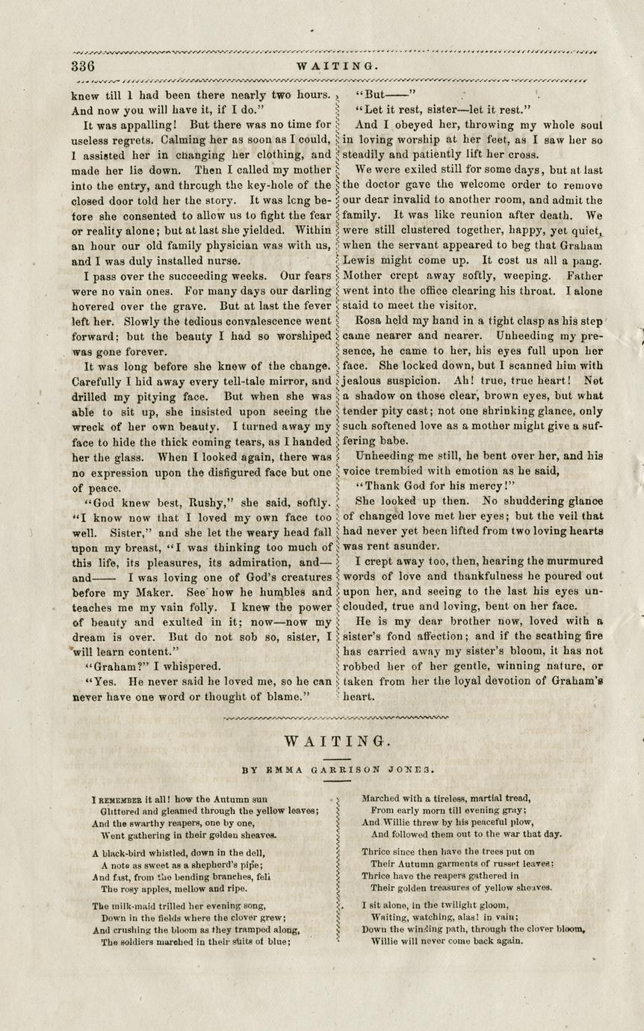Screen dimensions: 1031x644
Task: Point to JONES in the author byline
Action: pos(415,768)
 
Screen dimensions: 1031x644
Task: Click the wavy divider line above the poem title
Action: pos(336,718)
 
